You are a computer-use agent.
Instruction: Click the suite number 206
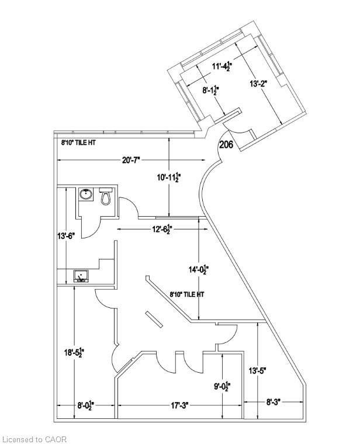pyautogui.click(x=226, y=145)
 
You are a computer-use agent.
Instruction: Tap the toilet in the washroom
pyautogui.click(x=106, y=195)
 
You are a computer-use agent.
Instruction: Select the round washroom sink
pyautogui.click(x=85, y=194)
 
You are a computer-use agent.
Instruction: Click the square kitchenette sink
pyautogui.click(x=81, y=276)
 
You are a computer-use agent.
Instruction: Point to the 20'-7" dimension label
pyautogui.click(x=131, y=160)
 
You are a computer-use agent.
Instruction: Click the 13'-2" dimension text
pyautogui.click(x=258, y=84)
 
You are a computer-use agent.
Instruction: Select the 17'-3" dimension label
pyautogui.click(x=180, y=406)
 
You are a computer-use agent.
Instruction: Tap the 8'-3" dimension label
pyautogui.click(x=274, y=402)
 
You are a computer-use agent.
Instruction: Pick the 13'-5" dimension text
pyautogui.click(x=258, y=370)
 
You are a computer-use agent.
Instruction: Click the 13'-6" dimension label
pyautogui.click(x=66, y=236)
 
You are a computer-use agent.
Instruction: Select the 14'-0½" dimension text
pyautogui.click(x=199, y=269)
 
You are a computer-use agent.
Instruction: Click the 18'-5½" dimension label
pyautogui.click(x=74, y=352)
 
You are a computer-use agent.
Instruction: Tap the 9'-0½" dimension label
pyautogui.click(x=222, y=387)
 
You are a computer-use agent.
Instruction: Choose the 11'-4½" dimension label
pyautogui.click(x=222, y=67)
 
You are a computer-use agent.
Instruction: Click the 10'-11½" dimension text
pyautogui.click(x=169, y=178)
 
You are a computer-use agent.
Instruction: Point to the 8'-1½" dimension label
pyautogui.click(x=211, y=91)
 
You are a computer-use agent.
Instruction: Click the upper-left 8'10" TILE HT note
pyautogui.click(x=78, y=143)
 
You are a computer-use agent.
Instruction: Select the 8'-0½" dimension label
pyautogui.click(x=86, y=406)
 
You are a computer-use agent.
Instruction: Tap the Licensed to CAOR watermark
pyautogui.click(x=33, y=439)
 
